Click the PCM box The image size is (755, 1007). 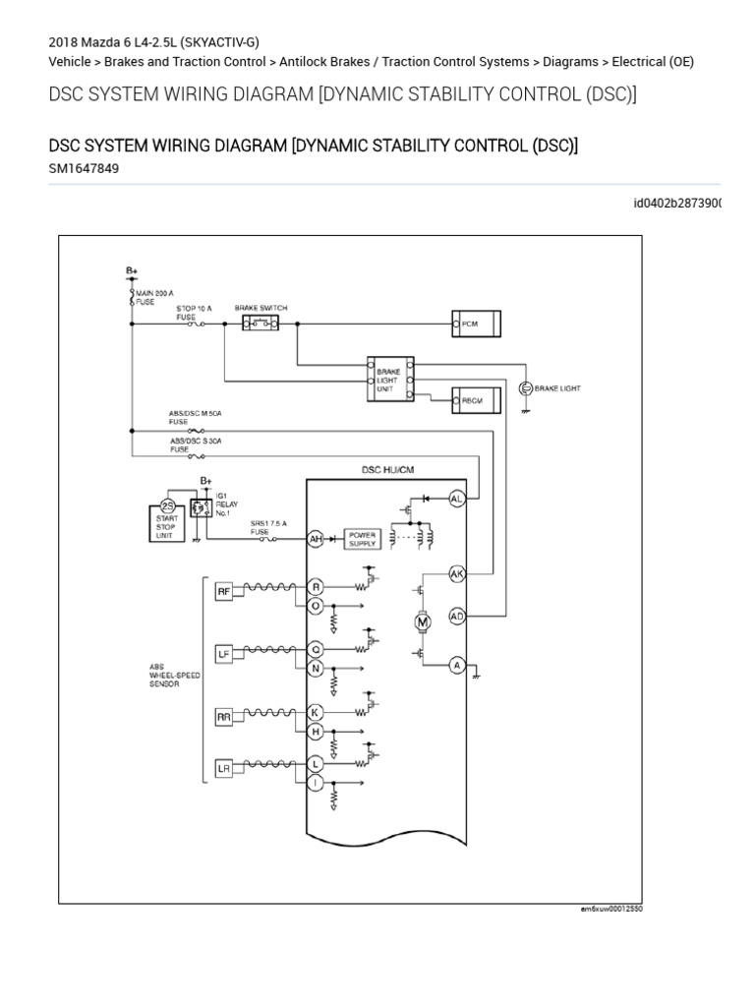pyautogui.click(x=477, y=323)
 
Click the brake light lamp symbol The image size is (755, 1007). pyautogui.click(x=524, y=388)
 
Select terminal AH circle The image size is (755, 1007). pyautogui.click(x=317, y=539)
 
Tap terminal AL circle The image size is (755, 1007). pyautogui.click(x=456, y=499)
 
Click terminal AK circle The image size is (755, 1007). pyautogui.click(x=456, y=572)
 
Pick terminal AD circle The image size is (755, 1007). pyautogui.click(x=456, y=617)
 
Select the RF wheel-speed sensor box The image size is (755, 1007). pyautogui.click(x=225, y=591)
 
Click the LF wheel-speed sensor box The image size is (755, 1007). pyautogui.click(x=225, y=653)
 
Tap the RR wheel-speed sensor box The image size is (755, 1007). pyautogui.click(x=225, y=717)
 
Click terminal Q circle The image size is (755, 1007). pyautogui.click(x=317, y=649)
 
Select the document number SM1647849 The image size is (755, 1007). pyautogui.click(x=86, y=168)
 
